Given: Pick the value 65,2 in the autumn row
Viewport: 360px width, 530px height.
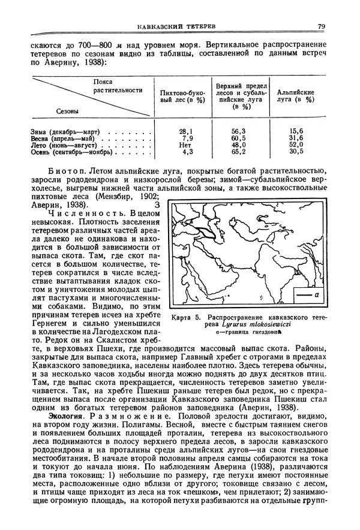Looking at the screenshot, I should coord(239,152).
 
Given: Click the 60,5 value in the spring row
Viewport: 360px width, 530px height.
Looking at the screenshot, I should coord(239,138).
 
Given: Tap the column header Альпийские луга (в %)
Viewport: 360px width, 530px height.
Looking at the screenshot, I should coord(296,97).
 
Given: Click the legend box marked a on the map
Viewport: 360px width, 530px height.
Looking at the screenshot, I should coord(310,296).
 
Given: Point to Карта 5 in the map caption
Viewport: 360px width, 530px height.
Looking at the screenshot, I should coord(184,317).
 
